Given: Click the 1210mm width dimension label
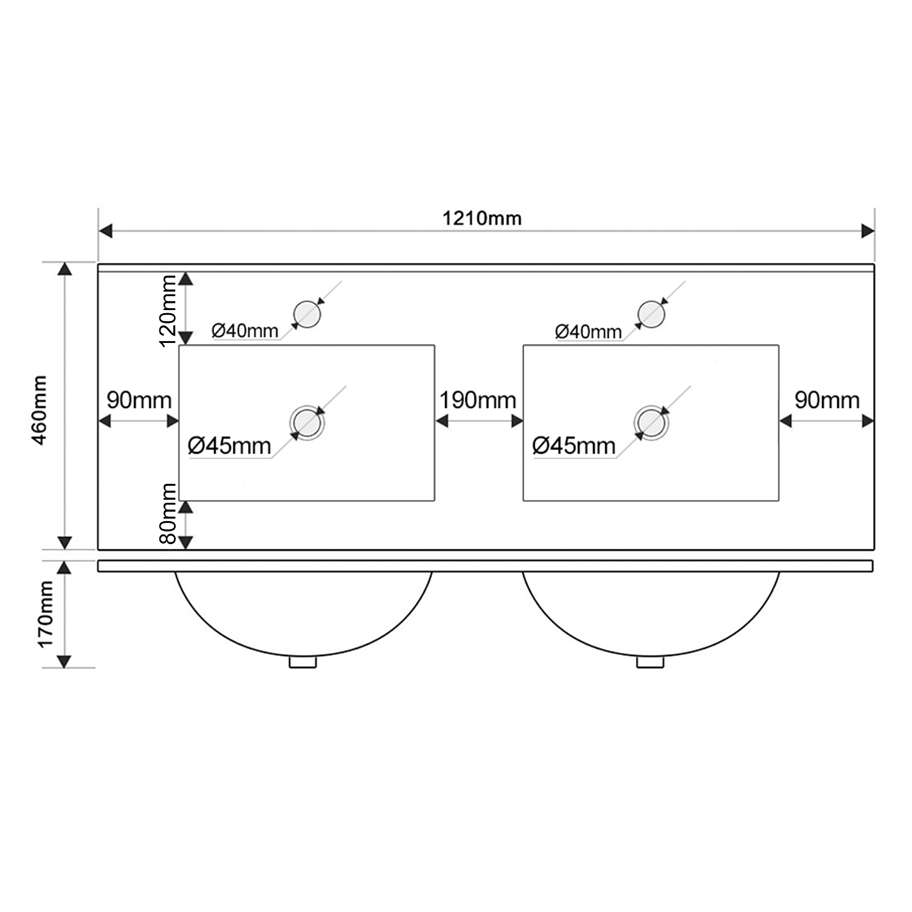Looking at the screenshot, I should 482,218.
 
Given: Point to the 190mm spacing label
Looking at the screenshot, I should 478,400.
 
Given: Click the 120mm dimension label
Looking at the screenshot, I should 168,310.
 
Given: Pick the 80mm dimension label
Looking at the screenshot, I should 168,514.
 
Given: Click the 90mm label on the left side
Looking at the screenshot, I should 139,400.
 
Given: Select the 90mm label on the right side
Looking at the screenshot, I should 827,400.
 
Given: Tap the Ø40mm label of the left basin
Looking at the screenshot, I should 245,331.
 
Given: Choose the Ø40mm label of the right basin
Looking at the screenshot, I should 589,331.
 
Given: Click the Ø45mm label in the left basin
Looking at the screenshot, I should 229,446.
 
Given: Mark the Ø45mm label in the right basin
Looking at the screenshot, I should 574,446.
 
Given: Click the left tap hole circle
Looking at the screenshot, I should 307,314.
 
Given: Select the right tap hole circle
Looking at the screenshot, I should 651,314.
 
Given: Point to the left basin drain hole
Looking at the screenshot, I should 306,423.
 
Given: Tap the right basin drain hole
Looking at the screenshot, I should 651,423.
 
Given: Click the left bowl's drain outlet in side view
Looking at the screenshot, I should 303,662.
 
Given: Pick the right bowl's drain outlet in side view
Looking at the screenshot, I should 651,662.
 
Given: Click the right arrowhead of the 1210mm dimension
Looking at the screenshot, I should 868,231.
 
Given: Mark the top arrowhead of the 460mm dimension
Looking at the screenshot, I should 64,269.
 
